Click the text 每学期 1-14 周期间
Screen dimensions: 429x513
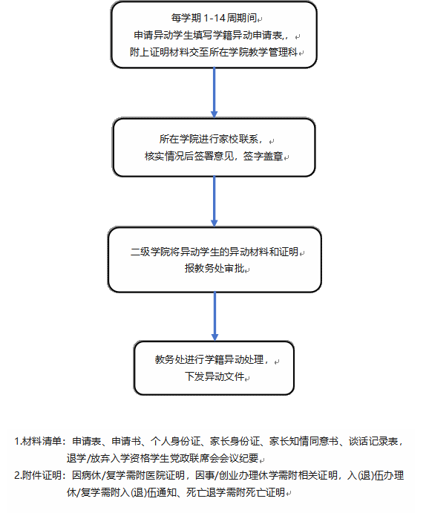(x=214, y=18)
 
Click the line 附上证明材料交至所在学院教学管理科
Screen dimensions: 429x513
(x=214, y=52)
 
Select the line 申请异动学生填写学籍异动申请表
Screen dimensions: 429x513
(x=209, y=36)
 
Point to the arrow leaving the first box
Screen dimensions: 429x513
(x=214, y=93)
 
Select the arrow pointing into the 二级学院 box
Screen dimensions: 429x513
(x=214, y=201)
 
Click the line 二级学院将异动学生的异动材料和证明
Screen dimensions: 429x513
(x=214, y=252)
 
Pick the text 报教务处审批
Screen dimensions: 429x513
(x=214, y=268)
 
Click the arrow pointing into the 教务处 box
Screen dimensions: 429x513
(x=214, y=316)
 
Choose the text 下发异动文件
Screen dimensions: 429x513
(x=214, y=376)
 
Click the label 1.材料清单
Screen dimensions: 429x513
(x=38, y=441)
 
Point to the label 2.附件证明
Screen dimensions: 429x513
(x=38, y=475)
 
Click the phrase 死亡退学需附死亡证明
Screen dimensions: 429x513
(x=236, y=492)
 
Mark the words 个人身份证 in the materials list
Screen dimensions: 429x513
(x=175, y=441)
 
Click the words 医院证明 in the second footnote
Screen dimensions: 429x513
(x=165, y=475)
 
